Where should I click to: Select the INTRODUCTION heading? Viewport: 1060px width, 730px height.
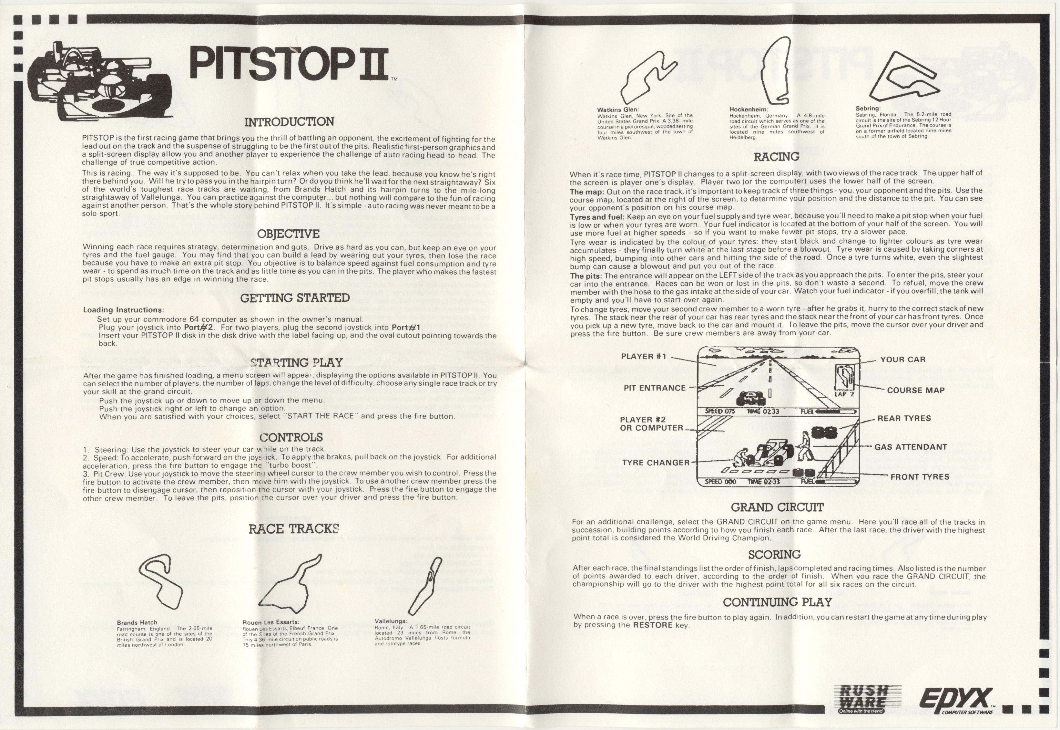tap(289, 122)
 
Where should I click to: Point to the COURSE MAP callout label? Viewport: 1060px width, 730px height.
tap(916, 390)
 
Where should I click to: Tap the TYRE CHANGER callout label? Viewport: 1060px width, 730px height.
tap(656, 463)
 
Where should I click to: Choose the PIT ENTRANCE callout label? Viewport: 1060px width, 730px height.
tap(655, 388)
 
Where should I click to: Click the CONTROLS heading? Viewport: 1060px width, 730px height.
tap(291, 437)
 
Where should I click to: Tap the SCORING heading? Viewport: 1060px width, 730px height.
tap(774, 555)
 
